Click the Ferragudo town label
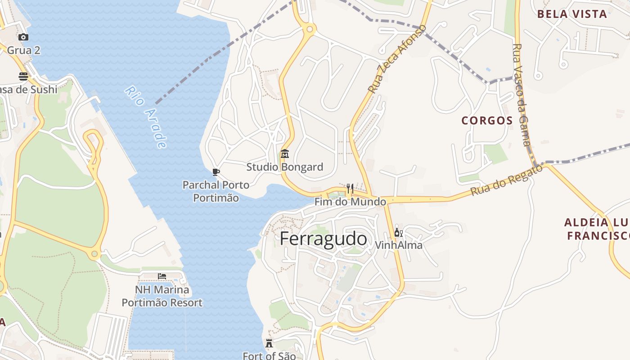[x=323, y=239]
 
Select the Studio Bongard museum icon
[x=284, y=154]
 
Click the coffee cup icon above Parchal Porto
[x=216, y=172]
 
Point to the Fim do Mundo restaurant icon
[x=350, y=188]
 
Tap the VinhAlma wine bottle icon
[x=398, y=233]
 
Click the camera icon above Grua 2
[x=23, y=37]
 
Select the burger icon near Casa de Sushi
[x=23, y=76]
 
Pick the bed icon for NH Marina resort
[x=162, y=276]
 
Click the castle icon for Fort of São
[x=269, y=343]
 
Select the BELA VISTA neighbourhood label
[x=572, y=14]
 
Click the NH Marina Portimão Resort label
[x=162, y=296]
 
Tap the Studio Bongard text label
[x=284, y=167]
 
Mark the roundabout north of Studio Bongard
[x=309, y=30]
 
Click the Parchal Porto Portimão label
[x=216, y=191]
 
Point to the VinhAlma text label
[x=399, y=245]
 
